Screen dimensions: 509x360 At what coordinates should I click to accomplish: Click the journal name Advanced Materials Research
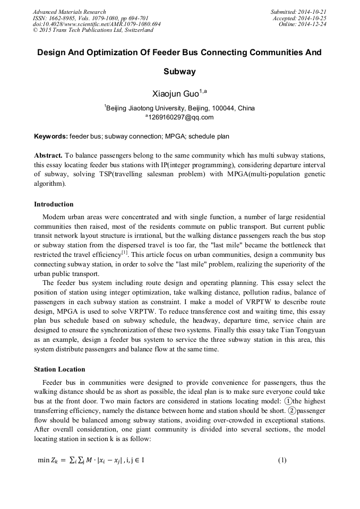point(69,12)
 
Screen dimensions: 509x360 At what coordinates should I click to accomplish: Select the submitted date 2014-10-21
point(312,12)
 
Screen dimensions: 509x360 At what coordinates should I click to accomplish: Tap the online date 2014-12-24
point(312,24)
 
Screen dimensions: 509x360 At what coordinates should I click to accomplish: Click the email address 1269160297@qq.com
point(181,117)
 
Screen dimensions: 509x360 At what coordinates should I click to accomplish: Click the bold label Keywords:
point(51,136)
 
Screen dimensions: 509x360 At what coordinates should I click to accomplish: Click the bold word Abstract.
point(48,156)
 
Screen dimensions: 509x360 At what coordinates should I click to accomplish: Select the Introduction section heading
point(54,204)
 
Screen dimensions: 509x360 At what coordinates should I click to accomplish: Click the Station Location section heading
point(59,369)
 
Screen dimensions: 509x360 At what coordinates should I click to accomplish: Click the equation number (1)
point(282,460)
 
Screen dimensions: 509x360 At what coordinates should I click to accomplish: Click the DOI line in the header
point(97,24)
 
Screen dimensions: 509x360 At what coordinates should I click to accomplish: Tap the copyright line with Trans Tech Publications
point(93,31)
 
